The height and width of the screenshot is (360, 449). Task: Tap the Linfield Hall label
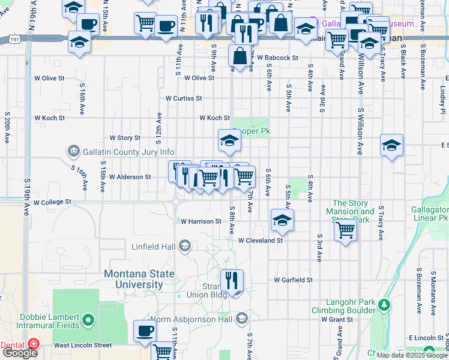coord(154,247)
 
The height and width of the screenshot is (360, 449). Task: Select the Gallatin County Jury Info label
coord(129,152)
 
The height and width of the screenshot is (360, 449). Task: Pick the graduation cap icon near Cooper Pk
coord(229,140)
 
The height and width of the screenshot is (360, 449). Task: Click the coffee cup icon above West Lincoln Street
coord(144,330)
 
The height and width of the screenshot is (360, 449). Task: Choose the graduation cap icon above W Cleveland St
coord(282,220)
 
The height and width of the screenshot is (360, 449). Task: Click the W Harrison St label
coord(201,221)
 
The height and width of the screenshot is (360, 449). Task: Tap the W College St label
coord(52,202)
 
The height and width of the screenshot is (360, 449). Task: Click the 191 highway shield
coord(15,39)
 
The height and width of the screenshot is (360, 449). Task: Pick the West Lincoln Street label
coord(83,345)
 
